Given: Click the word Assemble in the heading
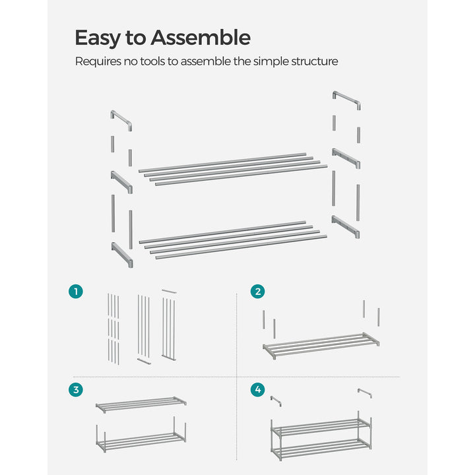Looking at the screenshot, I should point(201,38).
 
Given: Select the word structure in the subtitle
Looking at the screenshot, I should point(313,61).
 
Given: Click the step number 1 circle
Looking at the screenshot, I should point(77,291).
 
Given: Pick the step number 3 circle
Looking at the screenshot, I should point(77,390).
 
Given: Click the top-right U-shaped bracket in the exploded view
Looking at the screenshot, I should point(346,100).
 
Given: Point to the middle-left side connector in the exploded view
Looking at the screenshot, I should point(122,181).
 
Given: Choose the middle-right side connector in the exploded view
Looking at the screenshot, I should point(346,158).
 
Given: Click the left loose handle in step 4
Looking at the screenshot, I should point(276,400).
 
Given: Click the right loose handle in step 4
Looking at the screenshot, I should point(364,394).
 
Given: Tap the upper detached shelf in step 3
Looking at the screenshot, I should point(141,404).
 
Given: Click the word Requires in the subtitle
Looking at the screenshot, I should point(98,61).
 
